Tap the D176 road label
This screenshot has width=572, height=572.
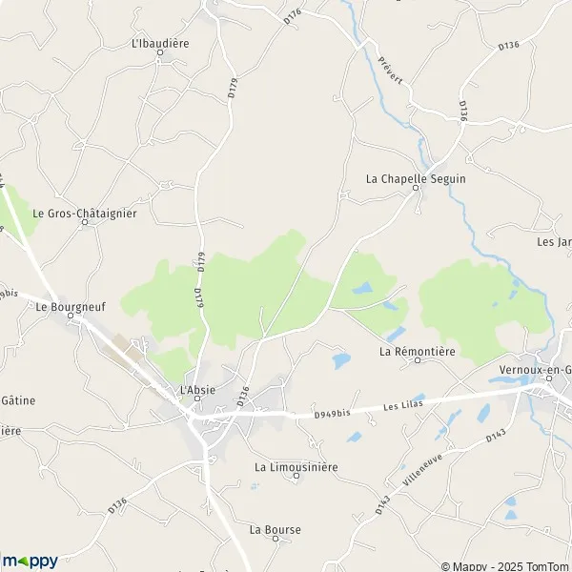tap(292, 17)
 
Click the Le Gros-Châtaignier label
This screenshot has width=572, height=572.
tap(85, 214)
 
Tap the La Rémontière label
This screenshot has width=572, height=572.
tap(418, 352)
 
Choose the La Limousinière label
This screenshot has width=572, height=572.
tap(296, 467)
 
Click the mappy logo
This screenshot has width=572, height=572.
tap(30, 561)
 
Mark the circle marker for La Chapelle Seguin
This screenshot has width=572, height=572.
tap(416, 190)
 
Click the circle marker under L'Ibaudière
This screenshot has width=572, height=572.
tap(160, 53)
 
